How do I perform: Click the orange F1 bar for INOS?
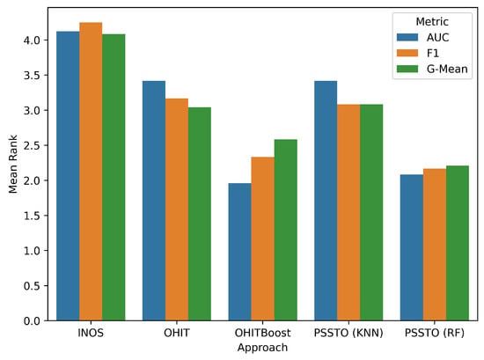click(x=91, y=172)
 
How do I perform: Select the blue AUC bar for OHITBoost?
click(x=240, y=252)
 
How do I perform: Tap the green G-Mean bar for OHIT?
click(x=200, y=214)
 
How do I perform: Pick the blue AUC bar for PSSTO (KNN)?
click(x=326, y=201)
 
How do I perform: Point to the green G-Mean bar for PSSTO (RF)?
click(x=458, y=243)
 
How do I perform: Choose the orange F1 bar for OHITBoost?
click(x=263, y=239)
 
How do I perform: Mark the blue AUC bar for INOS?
click(x=68, y=176)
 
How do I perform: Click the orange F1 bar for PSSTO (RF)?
click(x=435, y=245)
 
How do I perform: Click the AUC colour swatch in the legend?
click(x=407, y=37)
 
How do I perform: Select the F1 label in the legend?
click(x=433, y=53)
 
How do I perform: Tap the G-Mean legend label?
click(x=447, y=69)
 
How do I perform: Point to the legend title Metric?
click(x=432, y=22)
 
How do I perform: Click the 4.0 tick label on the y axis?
click(x=32, y=40)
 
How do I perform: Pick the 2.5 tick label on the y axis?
click(x=32, y=145)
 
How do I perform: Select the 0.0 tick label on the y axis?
click(x=32, y=320)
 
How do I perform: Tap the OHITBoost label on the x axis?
click(x=263, y=333)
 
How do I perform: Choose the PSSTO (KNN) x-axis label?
click(x=348, y=333)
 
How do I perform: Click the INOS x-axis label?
click(x=91, y=333)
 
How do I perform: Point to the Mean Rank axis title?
click(x=13, y=165)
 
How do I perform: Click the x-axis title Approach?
click(x=263, y=348)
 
